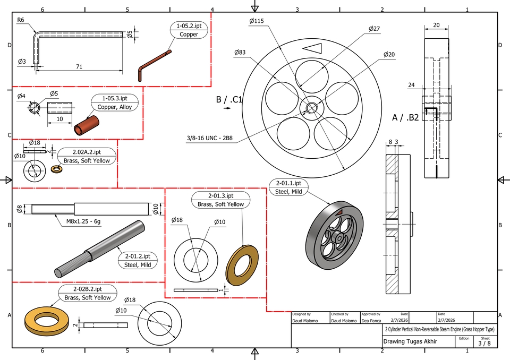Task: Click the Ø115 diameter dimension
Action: click(257, 21)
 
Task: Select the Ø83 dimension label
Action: click(240, 52)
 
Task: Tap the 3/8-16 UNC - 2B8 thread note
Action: click(209, 140)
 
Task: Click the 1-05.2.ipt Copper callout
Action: click(189, 30)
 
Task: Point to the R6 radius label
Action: click(21, 20)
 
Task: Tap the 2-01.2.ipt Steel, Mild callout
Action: click(137, 260)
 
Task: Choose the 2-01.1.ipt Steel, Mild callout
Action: click(288, 187)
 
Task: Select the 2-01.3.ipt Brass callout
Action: click(220, 200)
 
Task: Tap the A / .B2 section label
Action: click(405, 117)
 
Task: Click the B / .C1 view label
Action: click(229, 99)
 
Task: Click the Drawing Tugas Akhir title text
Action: click(410, 341)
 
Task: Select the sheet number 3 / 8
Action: click(484, 344)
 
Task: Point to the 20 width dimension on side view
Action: click(436, 25)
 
